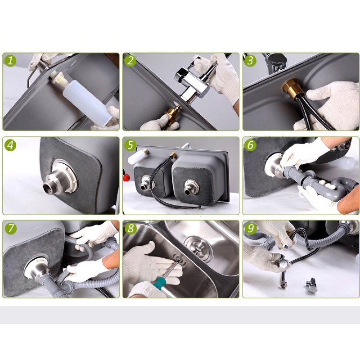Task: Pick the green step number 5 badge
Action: tap(130, 145)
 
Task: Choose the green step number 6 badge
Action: tap(251, 145)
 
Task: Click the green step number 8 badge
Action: tap(130, 229)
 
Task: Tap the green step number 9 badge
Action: tap(251, 229)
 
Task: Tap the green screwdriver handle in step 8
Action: tap(158, 283)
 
